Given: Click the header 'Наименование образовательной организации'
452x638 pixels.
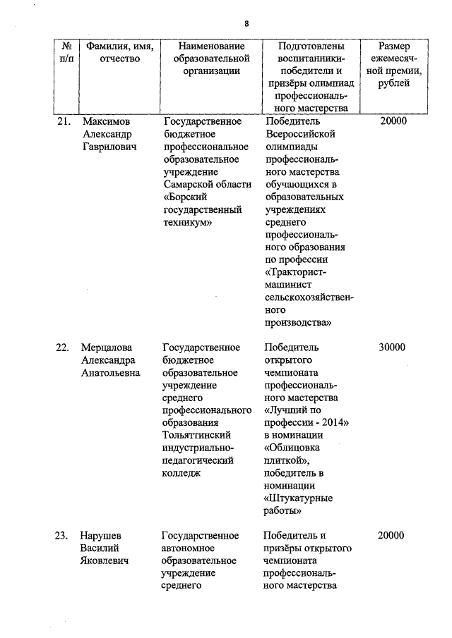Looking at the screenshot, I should tap(206, 58).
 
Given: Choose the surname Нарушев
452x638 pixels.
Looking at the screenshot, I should tap(103, 536).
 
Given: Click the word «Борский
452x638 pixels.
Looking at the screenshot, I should tap(184, 197).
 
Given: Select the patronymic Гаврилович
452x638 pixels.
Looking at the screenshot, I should tap(108, 147).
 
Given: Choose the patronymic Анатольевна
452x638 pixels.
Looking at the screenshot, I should tap(111, 373).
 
